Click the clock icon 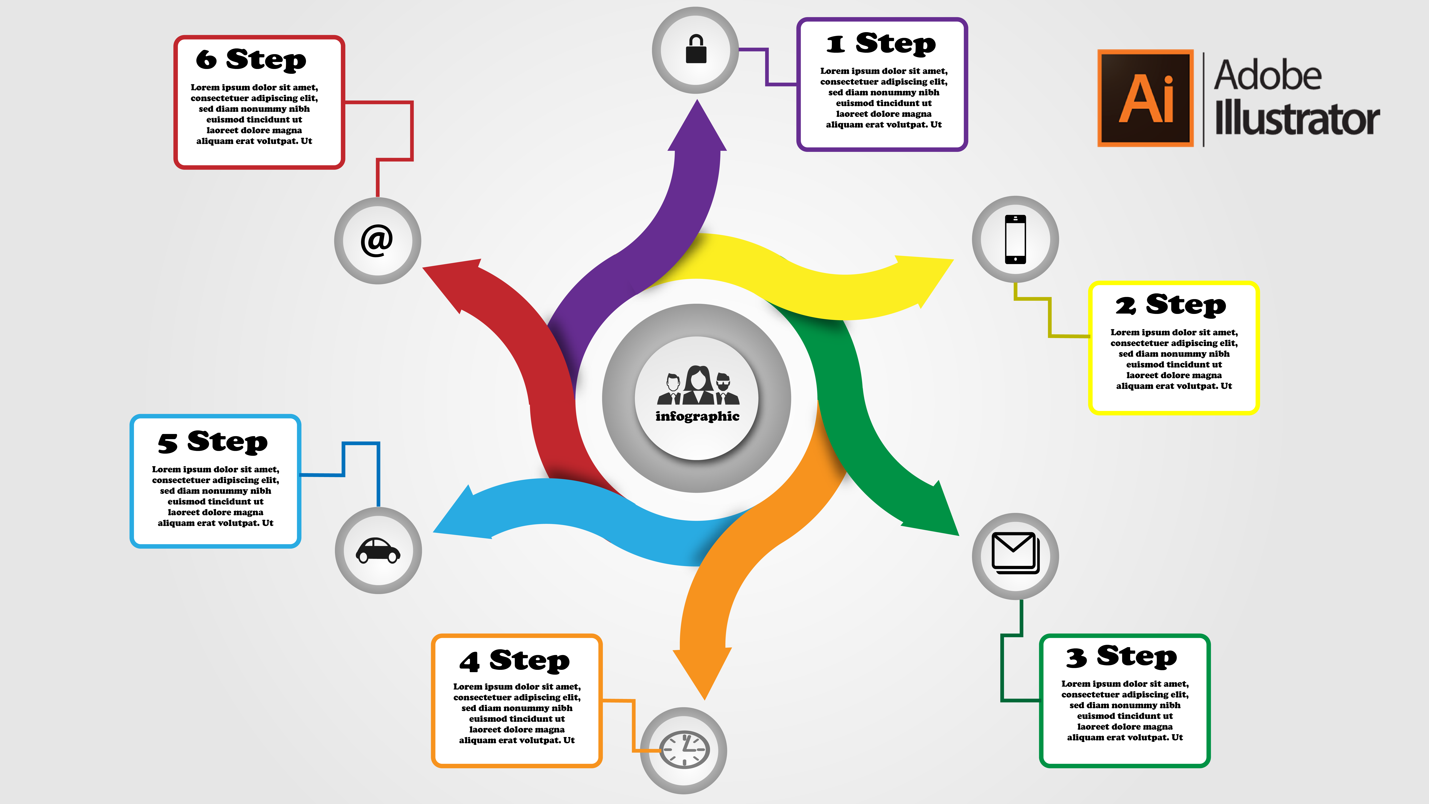pyautogui.click(x=684, y=750)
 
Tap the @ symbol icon pyautogui.click(x=377, y=240)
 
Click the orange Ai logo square pyautogui.click(x=1146, y=98)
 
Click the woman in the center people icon pyautogui.click(x=698, y=384)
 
